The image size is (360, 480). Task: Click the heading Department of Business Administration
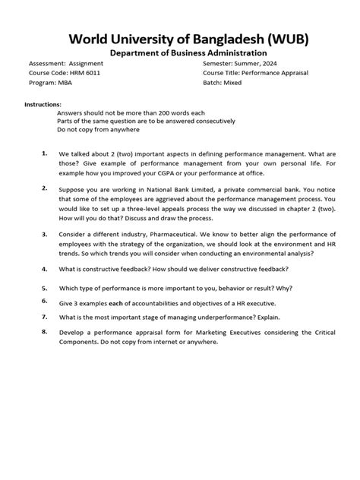pos(179,53)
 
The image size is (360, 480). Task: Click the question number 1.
pos(45,153)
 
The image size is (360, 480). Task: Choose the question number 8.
pos(45,332)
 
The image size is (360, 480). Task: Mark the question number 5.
pos(45,289)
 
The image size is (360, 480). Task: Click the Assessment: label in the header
pos(48,63)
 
